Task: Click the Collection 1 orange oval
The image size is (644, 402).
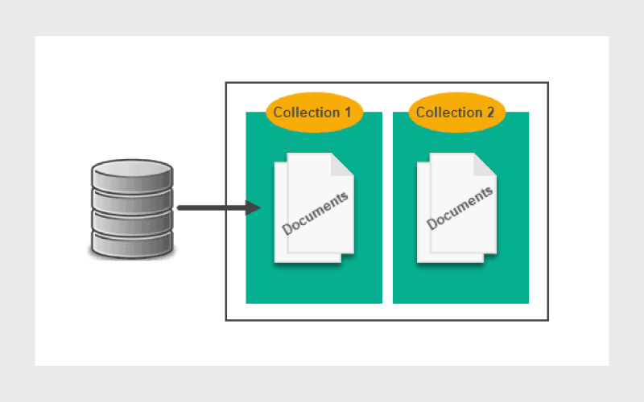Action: coord(314,113)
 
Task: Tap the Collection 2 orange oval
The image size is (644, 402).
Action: coord(456,113)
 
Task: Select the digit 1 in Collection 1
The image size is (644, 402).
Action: coord(348,113)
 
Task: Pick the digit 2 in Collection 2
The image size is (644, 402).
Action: coord(490,113)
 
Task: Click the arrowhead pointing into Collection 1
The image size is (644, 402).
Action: coord(252,207)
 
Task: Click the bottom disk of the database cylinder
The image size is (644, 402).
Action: coord(132,245)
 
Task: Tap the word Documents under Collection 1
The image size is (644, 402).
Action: coord(315,213)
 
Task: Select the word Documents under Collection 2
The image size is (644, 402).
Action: coord(460,208)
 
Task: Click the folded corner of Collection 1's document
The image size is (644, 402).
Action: coord(341,165)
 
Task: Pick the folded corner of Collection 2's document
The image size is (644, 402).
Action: coord(485,165)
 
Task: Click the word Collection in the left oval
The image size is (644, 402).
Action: coord(307,113)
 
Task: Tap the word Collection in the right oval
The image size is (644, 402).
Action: coord(449,113)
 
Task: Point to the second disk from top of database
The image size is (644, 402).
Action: coord(132,201)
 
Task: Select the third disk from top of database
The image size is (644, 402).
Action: coord(132,223)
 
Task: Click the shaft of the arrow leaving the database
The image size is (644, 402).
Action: coord(212,208)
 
